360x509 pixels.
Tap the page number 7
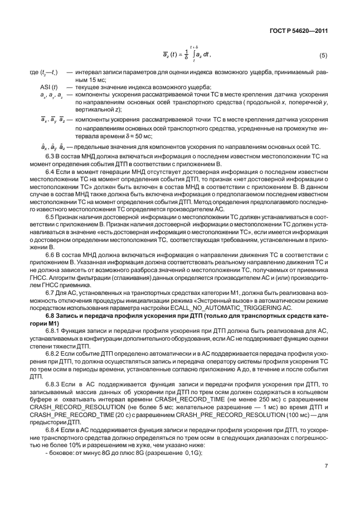326,482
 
